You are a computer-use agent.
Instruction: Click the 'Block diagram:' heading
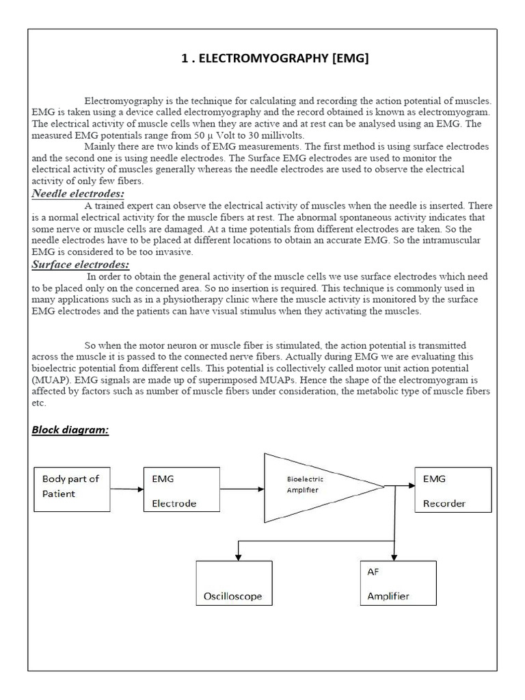(x=70, y=430)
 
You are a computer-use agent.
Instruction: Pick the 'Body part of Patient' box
(x=72, y=489)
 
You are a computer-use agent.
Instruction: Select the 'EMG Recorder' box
(x=453, y=489)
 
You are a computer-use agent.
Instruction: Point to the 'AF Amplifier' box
(x=398, y=582)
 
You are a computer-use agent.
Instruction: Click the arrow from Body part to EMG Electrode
(x=126, y=489)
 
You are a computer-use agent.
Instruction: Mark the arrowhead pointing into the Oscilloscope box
(x=237, y=556)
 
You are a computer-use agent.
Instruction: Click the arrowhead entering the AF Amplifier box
(x=394, y=556)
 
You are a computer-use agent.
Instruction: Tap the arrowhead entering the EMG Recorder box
(x=410, y=485)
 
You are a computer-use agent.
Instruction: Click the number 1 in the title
(x=185, y=59)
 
